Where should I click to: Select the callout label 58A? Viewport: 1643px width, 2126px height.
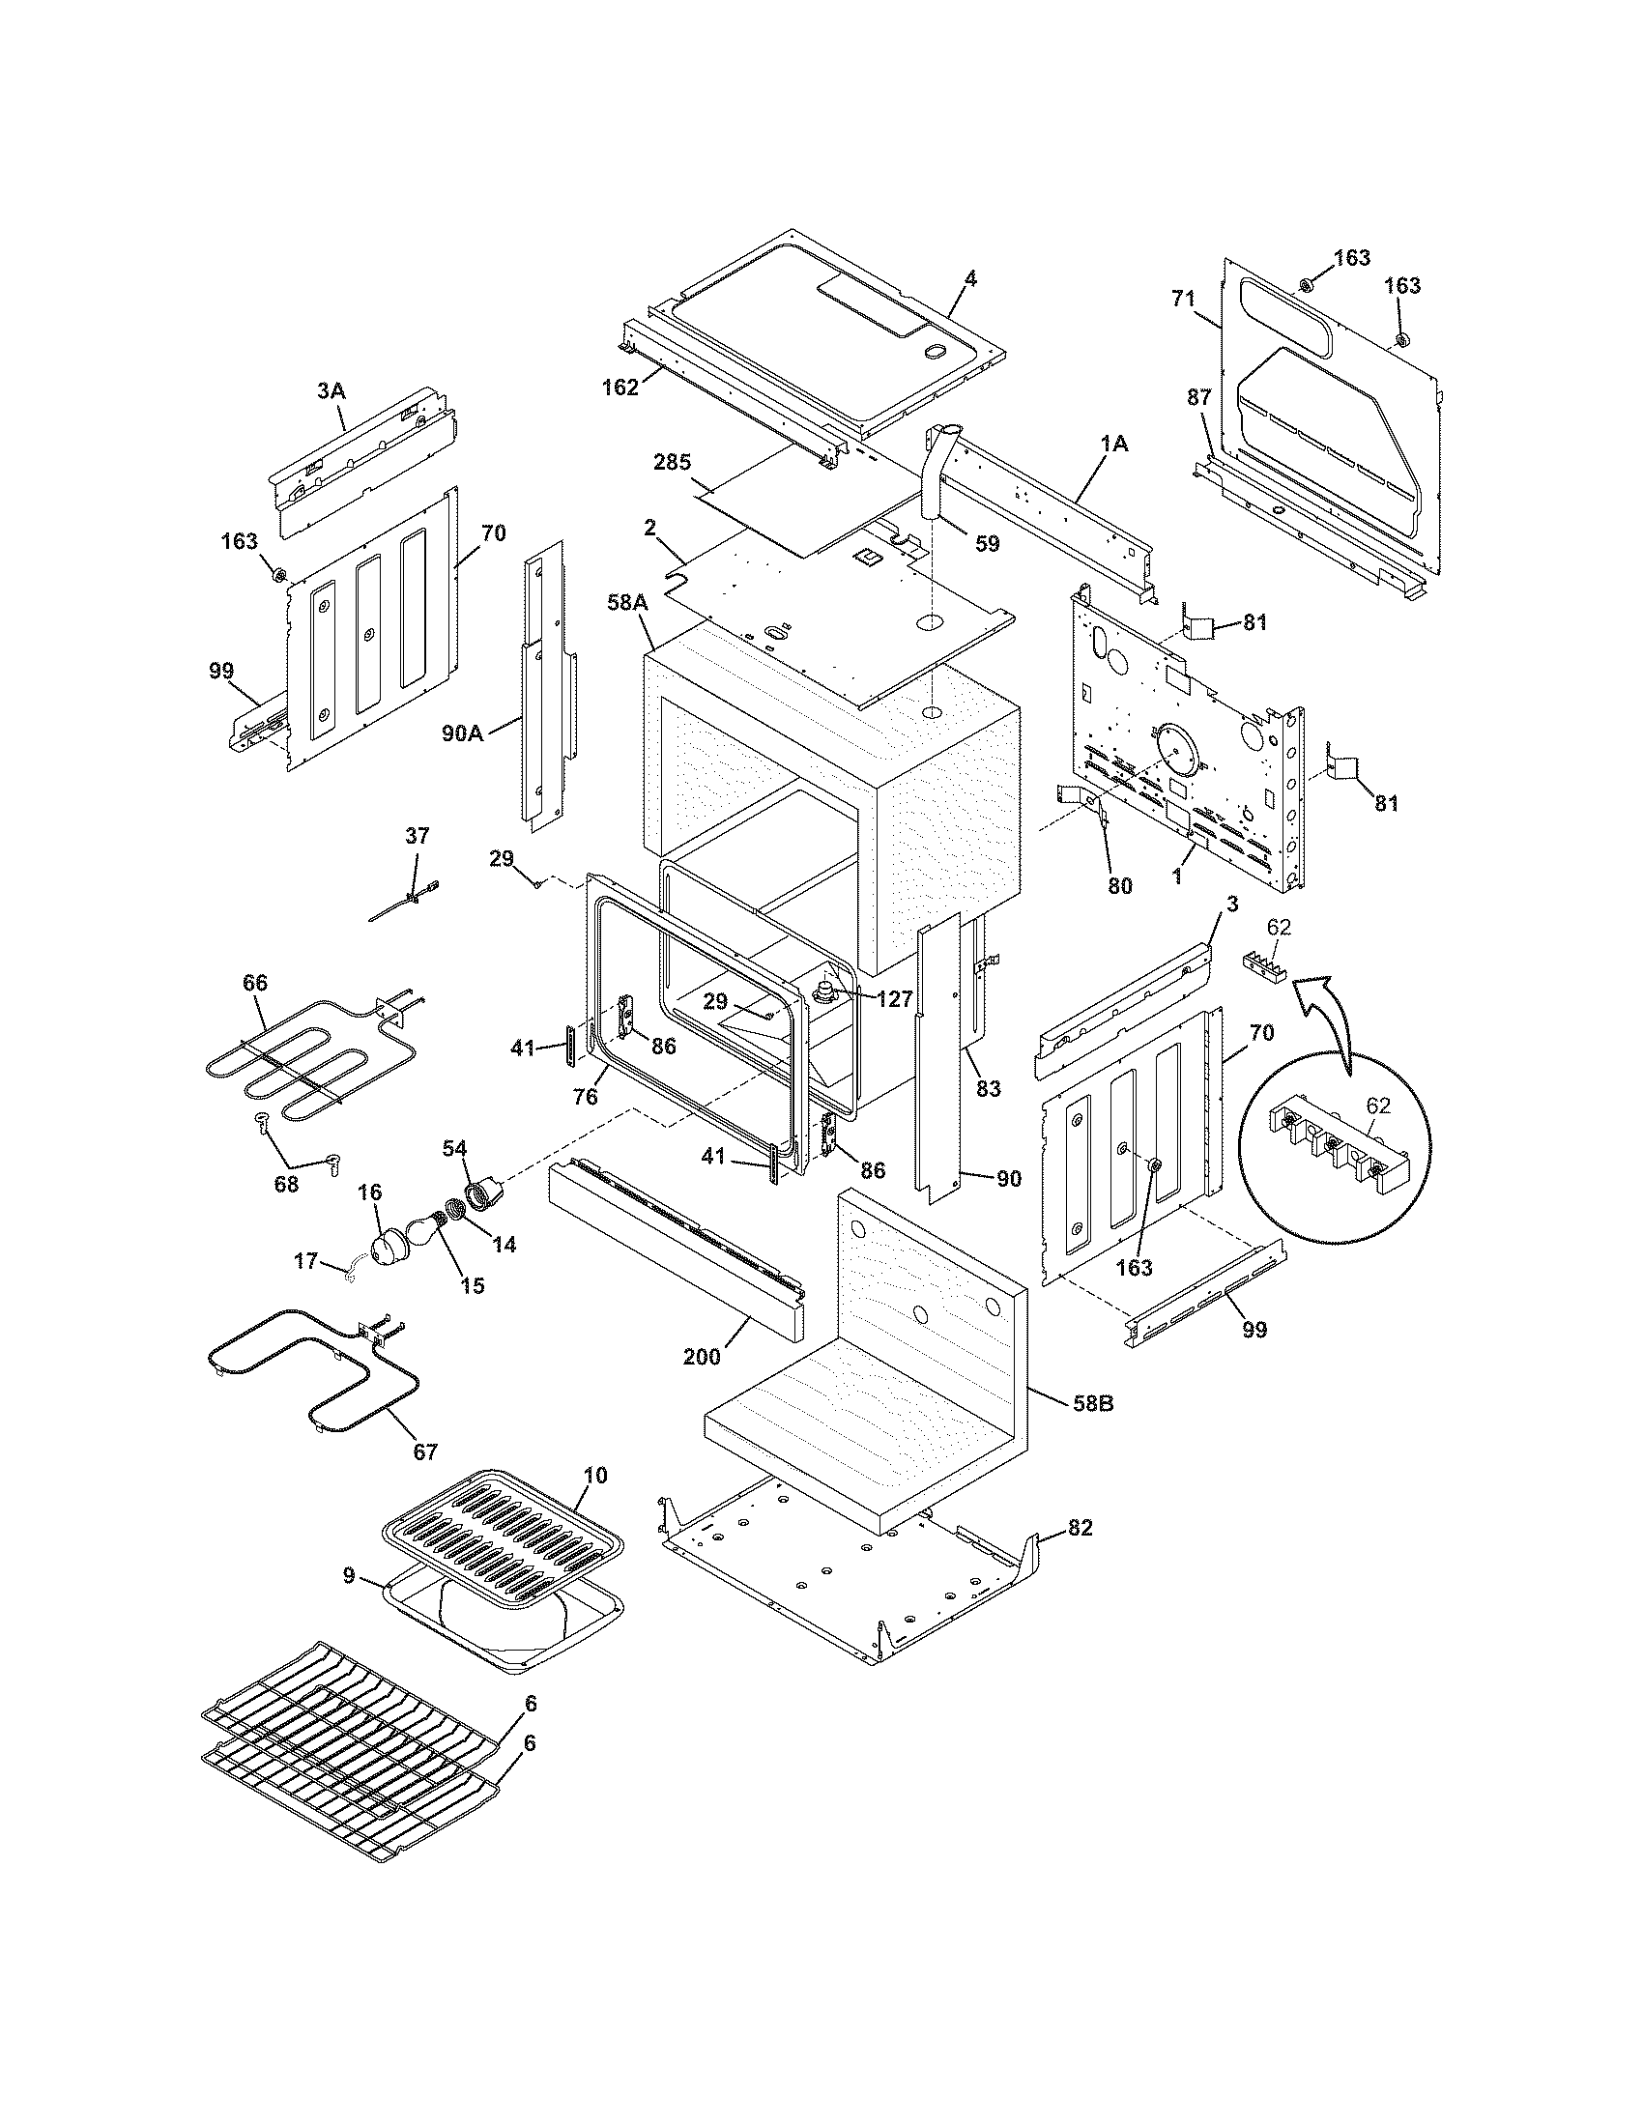(628, 603)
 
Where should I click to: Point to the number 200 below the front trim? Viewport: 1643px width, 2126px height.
(702, 1356)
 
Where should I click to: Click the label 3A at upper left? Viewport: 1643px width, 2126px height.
(331, 390)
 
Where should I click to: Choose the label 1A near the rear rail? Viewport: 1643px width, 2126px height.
(1114, 444)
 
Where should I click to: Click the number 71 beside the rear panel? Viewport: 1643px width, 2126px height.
(1183, 299)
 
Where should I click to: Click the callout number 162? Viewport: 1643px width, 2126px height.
(620, 387)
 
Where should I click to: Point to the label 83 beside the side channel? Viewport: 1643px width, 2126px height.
(988, 1089)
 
